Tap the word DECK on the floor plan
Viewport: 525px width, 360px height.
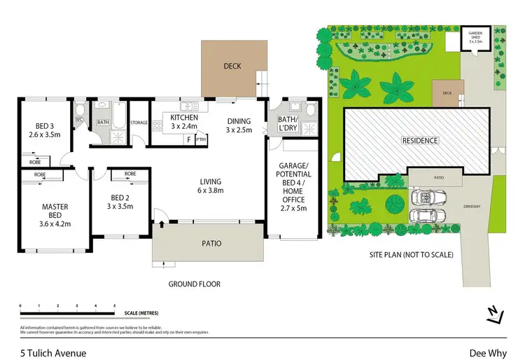coord(232,67)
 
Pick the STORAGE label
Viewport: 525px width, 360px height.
coord(139,123)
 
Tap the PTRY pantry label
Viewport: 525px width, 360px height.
coord(202,139)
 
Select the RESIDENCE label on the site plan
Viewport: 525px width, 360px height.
coord(420,141)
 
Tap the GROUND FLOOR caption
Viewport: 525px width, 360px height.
coord(195,284)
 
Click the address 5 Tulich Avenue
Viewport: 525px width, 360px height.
coord(52,353)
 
